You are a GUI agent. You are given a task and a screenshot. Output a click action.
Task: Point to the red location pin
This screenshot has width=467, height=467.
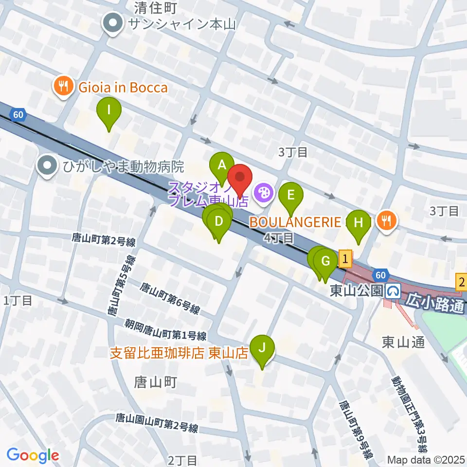241,179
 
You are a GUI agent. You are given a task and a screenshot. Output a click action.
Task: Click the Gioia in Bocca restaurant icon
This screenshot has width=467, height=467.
63,88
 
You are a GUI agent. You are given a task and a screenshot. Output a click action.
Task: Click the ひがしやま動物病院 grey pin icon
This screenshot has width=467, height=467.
47,166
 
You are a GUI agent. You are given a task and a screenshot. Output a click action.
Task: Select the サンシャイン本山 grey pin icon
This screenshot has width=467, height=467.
113,23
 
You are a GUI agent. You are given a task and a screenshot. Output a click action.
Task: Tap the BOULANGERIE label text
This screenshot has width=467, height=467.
295,223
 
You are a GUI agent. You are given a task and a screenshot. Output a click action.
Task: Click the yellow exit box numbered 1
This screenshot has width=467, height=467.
345,257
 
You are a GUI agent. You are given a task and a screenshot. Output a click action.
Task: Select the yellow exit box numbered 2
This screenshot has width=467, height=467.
461,281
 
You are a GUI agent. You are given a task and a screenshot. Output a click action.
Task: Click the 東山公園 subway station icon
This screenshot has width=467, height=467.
393,291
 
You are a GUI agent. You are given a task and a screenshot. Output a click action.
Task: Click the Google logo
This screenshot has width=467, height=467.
33,455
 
